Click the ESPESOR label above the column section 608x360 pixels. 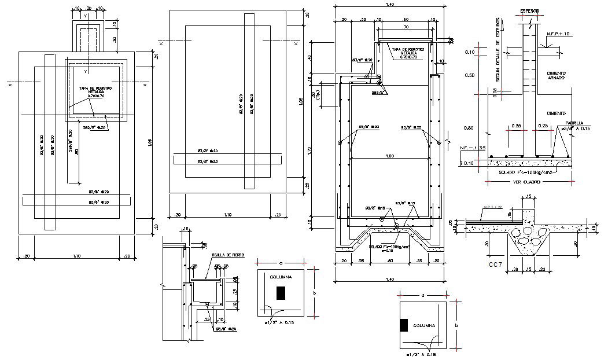tap(530, 11)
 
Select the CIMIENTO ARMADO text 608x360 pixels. tap(555, 76)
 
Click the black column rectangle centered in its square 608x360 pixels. tap(281, 293)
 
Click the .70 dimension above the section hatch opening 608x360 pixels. tap(405, 27)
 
